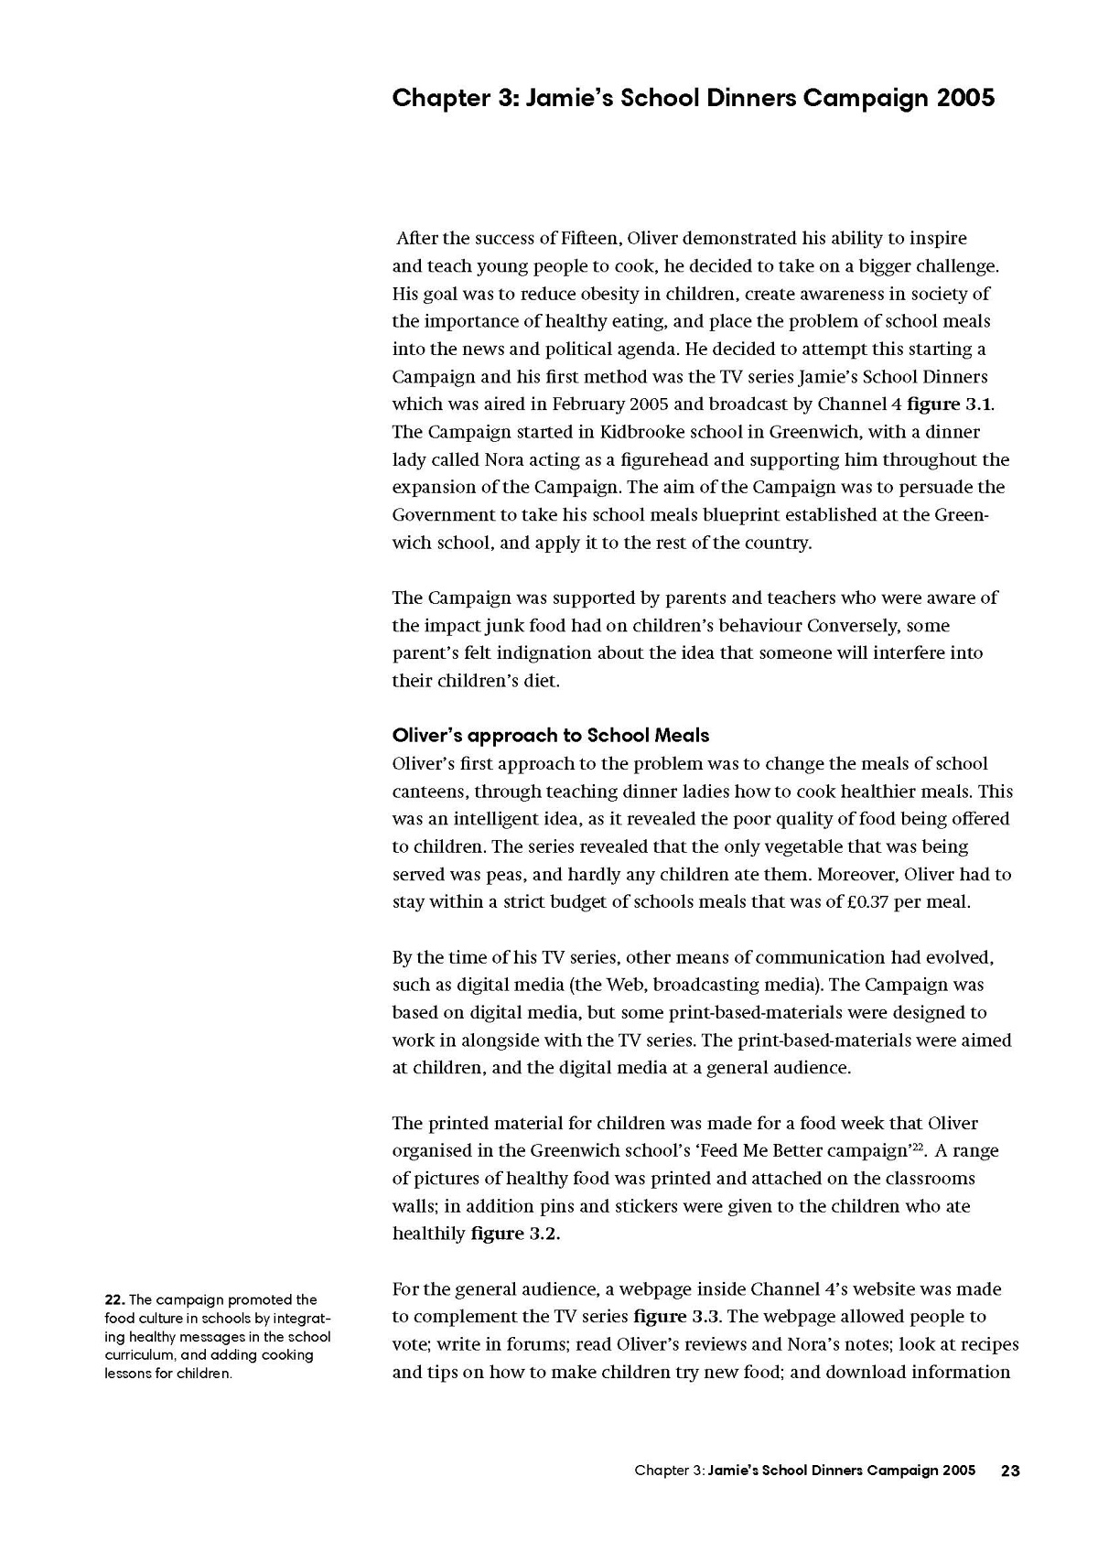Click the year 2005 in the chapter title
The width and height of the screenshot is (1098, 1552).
click(965, 98)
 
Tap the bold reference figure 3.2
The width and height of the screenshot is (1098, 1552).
click(514, 1234)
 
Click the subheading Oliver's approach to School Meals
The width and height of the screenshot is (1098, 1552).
click(550, 735)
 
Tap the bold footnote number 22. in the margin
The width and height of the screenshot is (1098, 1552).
click(115, 1299)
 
